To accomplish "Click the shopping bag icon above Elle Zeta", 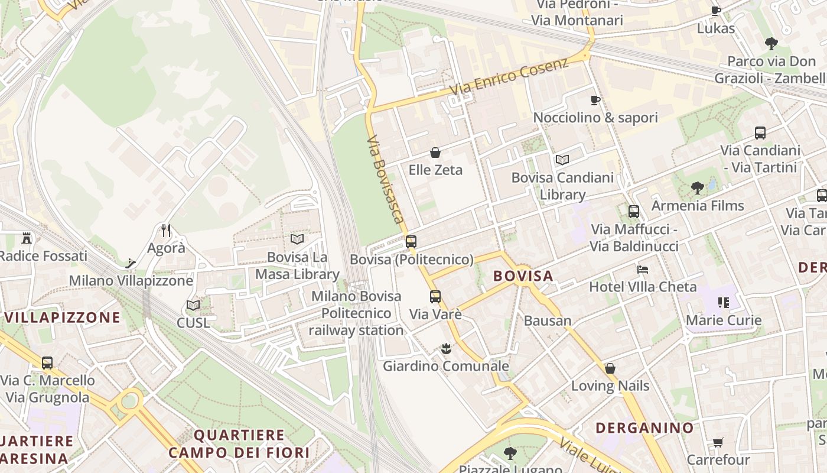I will [435, 153].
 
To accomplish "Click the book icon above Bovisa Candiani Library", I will [562, 160].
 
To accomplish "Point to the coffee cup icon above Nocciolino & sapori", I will [595, 100].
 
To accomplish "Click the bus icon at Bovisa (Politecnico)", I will [411, 241].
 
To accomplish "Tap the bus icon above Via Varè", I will [435, 296].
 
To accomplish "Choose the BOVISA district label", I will [523, 276].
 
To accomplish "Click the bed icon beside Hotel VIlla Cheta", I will [643, 270].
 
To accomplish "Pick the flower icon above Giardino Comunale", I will [446, 349].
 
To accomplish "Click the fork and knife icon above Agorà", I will [166, 230].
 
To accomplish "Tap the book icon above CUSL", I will [193, 305].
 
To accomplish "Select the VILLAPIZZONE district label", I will [63, 318].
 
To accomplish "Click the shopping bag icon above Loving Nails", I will [610, 368].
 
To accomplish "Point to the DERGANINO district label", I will [644, 427].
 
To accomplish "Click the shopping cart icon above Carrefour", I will [718, 442].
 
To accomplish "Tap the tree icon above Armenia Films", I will [698, 188].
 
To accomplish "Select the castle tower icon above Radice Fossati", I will [27, 238].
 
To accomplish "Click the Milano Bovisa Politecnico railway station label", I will [356, 313].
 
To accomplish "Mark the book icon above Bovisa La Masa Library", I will [297, 239].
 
